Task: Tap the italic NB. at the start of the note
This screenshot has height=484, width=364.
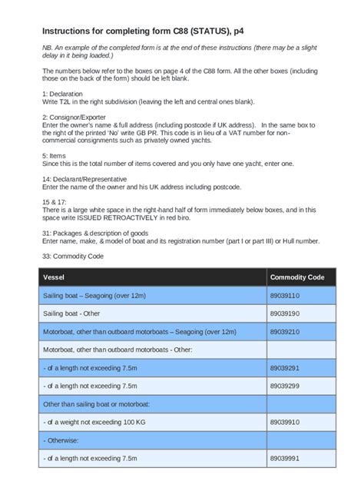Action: [x=48, y=48]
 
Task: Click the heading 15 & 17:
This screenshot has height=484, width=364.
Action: [x=56, y=201]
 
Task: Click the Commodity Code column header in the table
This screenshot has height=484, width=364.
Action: [x=297, y=277]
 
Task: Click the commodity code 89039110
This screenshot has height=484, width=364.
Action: [x=284, y=295]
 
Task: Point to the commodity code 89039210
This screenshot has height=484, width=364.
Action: [x=284, y=331]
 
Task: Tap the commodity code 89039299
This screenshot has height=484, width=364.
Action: [x=284, y=386]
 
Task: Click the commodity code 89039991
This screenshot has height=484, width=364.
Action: [x=284, y=458]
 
